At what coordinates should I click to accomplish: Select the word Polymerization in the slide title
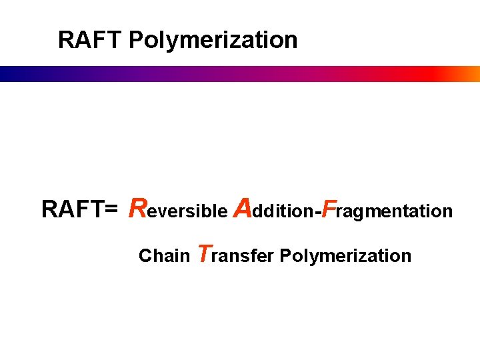click(x=213, y=41)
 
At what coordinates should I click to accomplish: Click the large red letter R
click(x=138, y=208)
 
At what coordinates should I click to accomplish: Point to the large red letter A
click(x=243, y=208)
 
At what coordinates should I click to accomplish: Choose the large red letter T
click(x=206, y=253)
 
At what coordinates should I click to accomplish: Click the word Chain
click(x=164, y=256)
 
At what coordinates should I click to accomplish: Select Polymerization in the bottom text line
click(x=345, y=257)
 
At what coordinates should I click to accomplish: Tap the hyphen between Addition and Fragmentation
click(x=317, y=213)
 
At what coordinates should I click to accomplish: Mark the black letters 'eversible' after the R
click(x=187, y=212)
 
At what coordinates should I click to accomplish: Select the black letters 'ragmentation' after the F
click(x=394, y=213)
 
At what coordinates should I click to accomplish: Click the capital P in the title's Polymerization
click(x=136, y=40)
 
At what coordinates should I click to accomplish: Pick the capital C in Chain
click(x=144, y=256)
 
